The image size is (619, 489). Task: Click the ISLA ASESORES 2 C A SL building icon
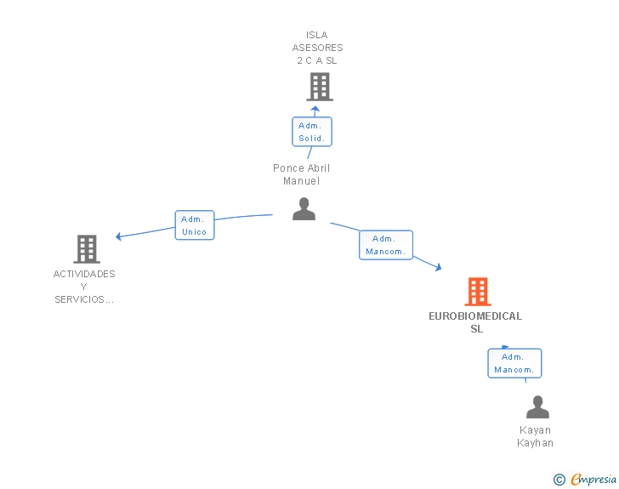click(320, 87)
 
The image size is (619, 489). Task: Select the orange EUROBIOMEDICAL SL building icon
click(478, 292)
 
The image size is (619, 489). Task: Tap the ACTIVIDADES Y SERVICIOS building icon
click(87, 249)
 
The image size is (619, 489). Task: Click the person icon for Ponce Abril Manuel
click(304, 208)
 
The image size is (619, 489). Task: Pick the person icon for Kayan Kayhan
click(537, 407)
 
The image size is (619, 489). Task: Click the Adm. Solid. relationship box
click(312, 132)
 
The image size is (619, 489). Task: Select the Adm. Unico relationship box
click(195, 225)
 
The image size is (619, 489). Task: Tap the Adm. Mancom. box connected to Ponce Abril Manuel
click(386, 245)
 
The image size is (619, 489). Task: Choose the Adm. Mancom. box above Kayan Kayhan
click(514, 363)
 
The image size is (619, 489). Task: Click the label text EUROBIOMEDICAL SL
click(475, 322)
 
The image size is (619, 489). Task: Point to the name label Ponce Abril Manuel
click(301, 174)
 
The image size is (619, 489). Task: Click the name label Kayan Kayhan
click(536, 436)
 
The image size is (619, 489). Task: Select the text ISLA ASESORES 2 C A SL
click(317, 48)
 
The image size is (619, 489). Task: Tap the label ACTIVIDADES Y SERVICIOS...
click(84, 287)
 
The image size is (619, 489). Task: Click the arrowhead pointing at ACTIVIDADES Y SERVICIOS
click(118, 236)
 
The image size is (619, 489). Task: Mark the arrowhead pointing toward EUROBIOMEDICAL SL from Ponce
click(439, 267)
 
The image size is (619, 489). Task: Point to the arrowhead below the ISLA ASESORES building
click(315, 109)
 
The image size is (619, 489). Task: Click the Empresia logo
click(593, 479)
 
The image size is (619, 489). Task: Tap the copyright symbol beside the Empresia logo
click(559, 480)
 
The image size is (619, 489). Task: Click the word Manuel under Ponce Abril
click(301, 181)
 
